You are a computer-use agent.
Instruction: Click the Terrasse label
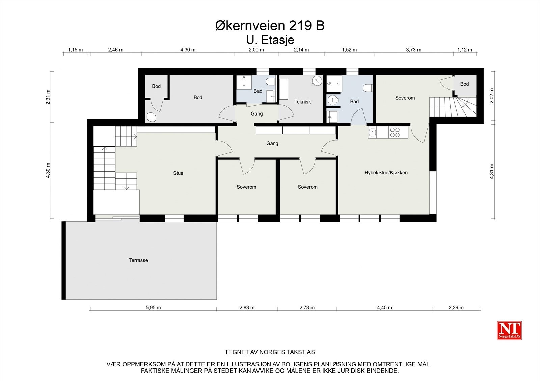point(138,260)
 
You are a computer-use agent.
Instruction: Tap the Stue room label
point(178,173)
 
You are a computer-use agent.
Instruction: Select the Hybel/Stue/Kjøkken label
point(386,173)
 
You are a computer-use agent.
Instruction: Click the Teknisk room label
point(302,102)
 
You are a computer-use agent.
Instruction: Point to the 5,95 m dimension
point(153,308)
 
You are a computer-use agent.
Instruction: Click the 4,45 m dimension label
point(384,308)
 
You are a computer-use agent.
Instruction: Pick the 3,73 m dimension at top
point(413,50)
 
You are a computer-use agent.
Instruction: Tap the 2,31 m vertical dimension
point(48,97)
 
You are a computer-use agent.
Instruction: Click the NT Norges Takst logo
point(509,330)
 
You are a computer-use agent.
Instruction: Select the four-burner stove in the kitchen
point(394,132)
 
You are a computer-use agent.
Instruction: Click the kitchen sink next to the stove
point(373,133)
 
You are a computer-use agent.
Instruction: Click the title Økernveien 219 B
point(270,26)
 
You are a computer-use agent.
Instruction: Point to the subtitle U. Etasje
point(270,40)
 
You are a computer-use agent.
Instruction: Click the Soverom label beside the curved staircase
point(405,98)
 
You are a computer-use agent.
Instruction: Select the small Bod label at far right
point(464,84)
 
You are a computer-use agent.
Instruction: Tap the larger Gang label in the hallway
point(272,143)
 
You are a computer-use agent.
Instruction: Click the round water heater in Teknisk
point(317,80)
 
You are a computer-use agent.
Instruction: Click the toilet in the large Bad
point(368,88)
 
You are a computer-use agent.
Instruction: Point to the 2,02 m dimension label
point(492,96)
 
